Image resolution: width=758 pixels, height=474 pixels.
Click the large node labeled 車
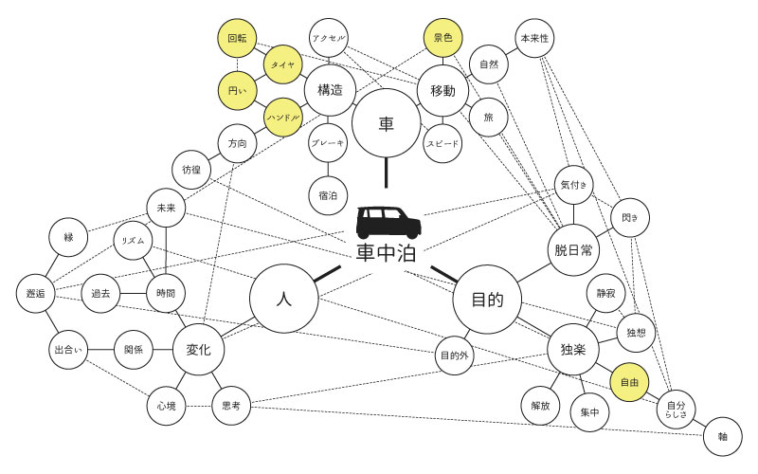coord(387,124)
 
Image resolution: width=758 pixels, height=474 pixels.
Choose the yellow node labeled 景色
coord(442,39)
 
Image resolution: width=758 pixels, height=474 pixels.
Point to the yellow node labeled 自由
coord(629,382)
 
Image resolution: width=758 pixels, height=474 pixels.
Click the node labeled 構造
coord(329,90)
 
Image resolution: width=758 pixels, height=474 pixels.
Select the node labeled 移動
coord(442,90)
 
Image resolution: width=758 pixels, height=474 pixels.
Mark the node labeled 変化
coord(199,349)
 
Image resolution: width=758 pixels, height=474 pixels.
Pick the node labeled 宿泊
coord(329,195)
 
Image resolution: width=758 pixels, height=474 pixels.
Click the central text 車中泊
coord(387,253)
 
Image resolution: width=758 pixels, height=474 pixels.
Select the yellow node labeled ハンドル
coord(283,117)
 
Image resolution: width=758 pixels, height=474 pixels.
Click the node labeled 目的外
coord(454,356)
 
